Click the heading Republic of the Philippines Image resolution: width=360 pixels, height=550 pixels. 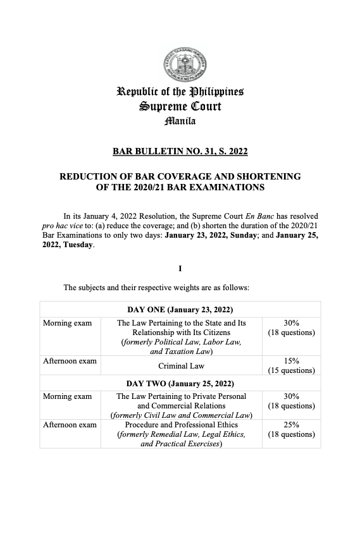(x=180, y=92)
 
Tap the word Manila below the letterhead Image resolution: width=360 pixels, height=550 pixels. (x=180, y=120)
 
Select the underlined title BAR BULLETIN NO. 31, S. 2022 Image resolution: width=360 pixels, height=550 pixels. (x=180, y=151)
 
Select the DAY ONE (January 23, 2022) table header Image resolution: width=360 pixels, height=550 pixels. (x=180, y=310)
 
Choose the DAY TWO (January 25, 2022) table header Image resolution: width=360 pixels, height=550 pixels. (x=180, y=384)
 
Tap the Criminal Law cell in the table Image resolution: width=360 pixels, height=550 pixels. (x=181, y=365)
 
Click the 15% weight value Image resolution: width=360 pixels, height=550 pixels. (x=292, y=361)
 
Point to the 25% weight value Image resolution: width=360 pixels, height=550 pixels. (x=292, y=425)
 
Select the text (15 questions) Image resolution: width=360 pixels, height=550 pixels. (x=292, y=370)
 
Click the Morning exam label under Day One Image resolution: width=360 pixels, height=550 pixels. (x=67, y=323)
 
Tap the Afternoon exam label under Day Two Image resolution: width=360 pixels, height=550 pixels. (x=70, y=425)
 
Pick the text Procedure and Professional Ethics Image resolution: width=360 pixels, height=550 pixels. (x=181, y=425)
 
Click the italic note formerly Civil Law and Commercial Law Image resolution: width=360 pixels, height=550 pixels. (x=181, y=415)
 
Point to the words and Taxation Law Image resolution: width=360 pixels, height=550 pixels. (x=181, y=351)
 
